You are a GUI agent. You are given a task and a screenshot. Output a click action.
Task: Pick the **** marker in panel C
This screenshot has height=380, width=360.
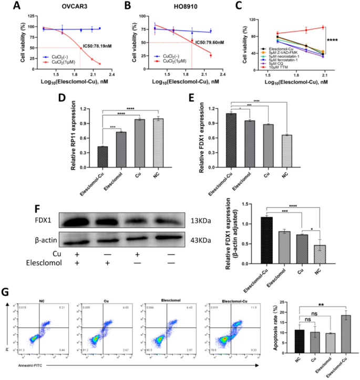(x=334, y=39)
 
